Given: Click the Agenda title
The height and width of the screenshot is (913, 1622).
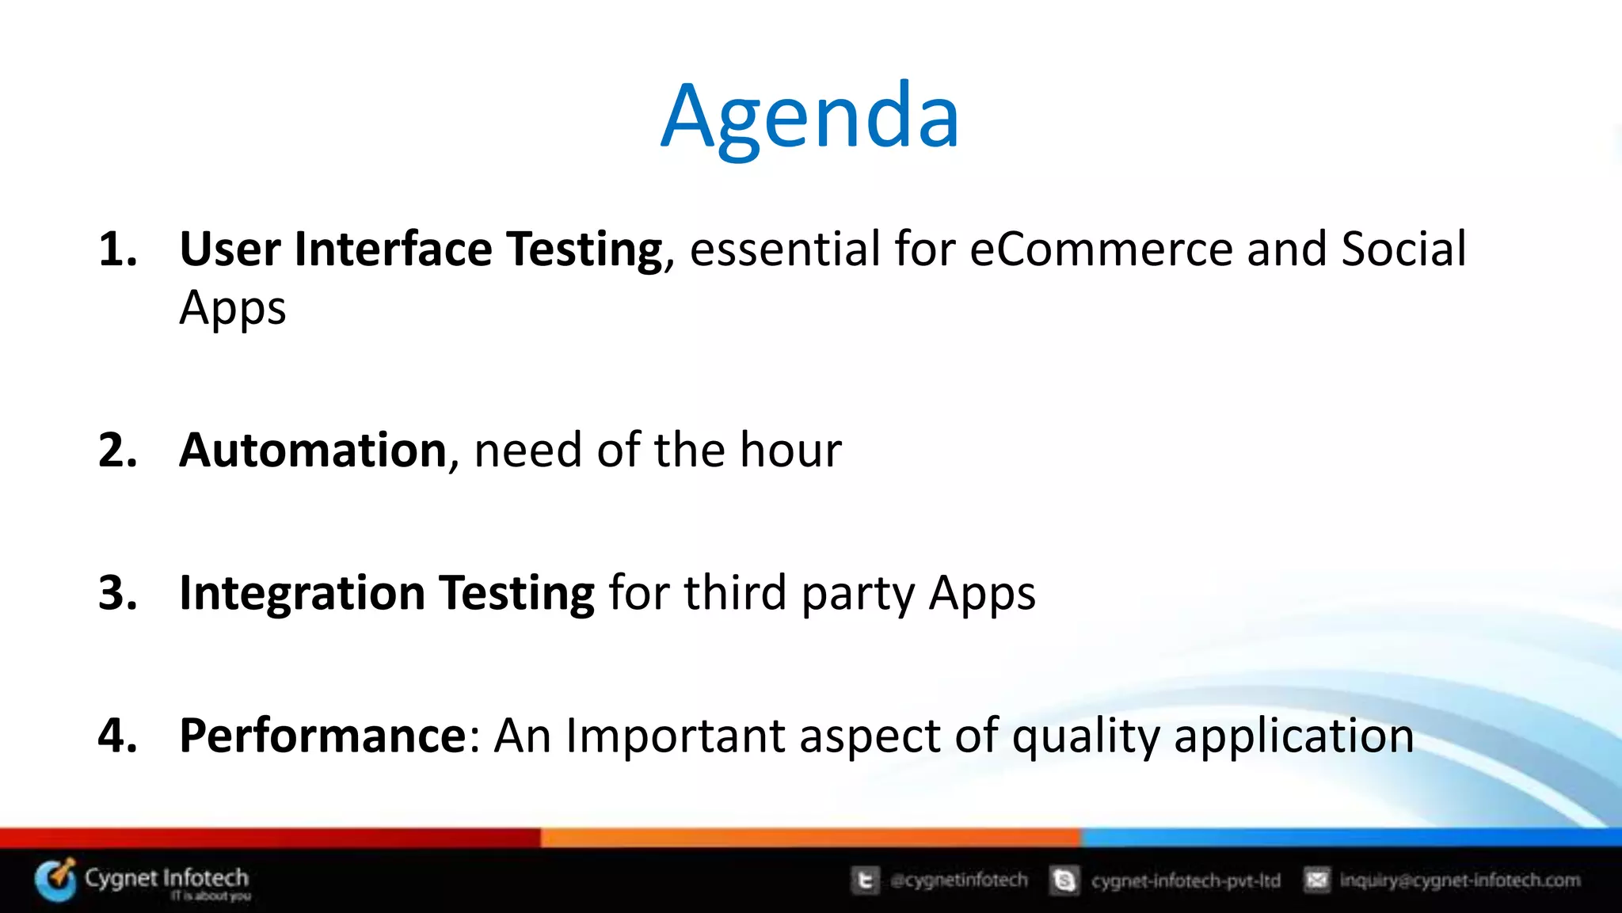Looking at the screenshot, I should [810, 117].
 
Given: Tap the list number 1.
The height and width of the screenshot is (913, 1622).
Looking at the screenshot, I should [116, 249].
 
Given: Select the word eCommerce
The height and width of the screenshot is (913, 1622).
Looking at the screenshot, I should [1101, 249].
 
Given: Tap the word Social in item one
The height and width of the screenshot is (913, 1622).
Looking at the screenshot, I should [1403, 249].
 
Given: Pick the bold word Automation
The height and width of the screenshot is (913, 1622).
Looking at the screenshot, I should [314, 450].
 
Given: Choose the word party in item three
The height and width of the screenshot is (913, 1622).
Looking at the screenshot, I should [858, 594].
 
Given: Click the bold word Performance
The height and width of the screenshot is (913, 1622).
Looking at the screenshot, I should [323, 736].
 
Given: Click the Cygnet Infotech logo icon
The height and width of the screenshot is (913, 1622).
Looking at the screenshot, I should [55, 880].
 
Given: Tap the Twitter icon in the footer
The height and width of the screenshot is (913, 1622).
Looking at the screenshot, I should [865, 880].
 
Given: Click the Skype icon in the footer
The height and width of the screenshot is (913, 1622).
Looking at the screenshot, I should [1064, 880].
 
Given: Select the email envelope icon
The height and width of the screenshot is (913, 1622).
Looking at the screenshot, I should [1316, 880].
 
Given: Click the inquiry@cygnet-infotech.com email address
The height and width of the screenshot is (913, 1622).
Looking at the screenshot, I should [1460, 880].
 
